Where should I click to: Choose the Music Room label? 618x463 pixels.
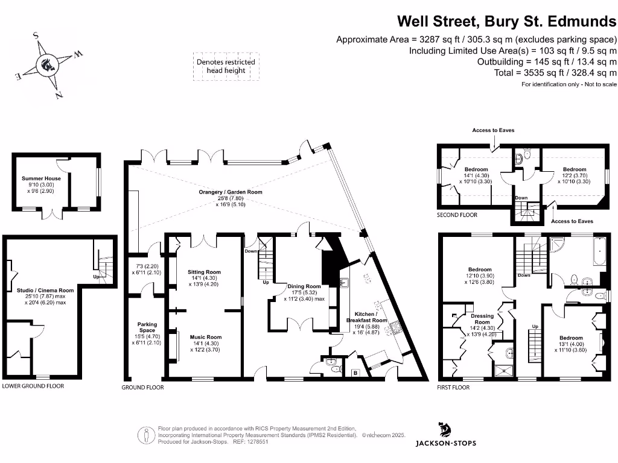[206, 337]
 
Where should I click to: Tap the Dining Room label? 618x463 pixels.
[304, 286]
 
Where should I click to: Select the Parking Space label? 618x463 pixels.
[147, 327]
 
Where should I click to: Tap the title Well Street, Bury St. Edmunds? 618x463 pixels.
[506, 22]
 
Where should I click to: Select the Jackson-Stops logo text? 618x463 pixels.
[445, 443]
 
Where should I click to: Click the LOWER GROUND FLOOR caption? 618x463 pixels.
[33, 386]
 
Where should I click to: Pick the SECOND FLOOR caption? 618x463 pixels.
[457, 215]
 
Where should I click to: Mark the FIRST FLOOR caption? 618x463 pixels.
[453, 388]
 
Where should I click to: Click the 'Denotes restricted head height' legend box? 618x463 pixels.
[226, 66]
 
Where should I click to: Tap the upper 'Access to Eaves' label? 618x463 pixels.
[493, 130]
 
